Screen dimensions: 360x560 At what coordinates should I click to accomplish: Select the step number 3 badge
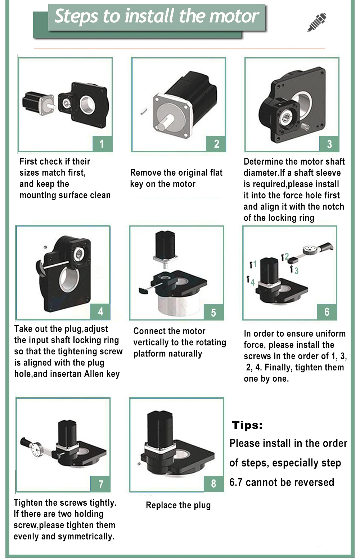point(329,144)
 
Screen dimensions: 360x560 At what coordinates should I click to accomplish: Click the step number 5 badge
point(213,312)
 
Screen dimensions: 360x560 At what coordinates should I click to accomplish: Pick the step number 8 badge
point(213,484)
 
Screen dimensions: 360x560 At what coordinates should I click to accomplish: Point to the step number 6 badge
point(327,312)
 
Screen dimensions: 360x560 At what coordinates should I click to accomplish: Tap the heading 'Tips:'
point(247,425)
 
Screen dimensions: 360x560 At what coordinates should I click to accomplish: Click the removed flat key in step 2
point(144,111)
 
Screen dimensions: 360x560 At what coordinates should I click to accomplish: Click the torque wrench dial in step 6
point(310,250)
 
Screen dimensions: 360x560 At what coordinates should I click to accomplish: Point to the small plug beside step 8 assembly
point(139,465)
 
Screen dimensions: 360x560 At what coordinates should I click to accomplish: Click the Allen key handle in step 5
point(143,291)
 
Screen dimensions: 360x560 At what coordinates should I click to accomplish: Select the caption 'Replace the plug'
point(178,505)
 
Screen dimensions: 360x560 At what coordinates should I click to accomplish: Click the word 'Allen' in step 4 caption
point(95,373)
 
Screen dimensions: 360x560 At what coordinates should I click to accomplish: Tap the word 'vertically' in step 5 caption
point(156,342)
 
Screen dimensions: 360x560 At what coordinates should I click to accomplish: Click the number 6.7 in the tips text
point(236,482)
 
